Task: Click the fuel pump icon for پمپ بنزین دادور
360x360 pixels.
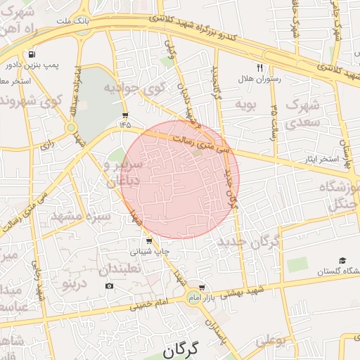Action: [x=32, y=55]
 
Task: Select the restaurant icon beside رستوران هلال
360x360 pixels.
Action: [x=260, y=67]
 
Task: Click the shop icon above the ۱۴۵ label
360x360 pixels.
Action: [x=125, y=115]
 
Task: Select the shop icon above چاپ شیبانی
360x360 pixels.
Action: [x=147, y=240]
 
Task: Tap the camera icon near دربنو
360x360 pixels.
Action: [x=109, y=285]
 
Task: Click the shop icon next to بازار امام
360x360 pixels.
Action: [x=202, y=287]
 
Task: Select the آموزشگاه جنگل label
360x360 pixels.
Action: [x=337, y=195]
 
